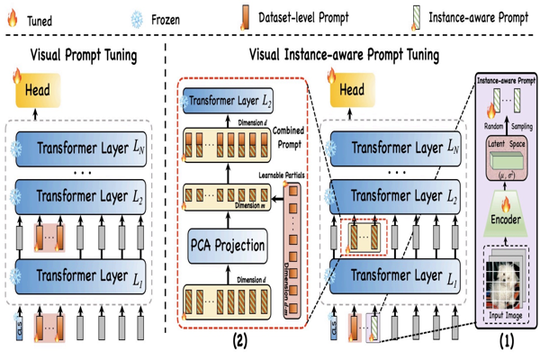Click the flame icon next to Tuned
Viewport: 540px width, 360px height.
coord(13,19)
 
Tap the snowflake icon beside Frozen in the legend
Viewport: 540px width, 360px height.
coord(137,19)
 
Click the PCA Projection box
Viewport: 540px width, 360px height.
coord(227,246)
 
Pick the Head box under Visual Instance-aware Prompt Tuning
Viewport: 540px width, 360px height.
coord(352,90)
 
